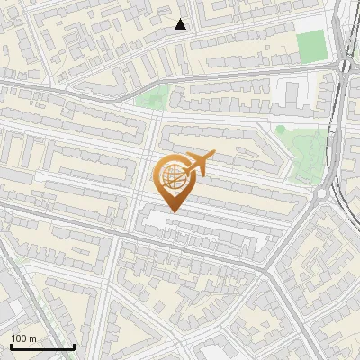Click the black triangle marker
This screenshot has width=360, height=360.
[x=181, y=24]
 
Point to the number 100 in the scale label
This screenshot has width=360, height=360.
[x=20, y=338]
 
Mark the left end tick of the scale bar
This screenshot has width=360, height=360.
[x=11, y=346]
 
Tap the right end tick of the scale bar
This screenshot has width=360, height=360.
[x=74, y=346]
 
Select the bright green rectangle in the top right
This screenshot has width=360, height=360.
[x=310, y=44]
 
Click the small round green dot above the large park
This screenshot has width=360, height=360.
[x=280, y=130]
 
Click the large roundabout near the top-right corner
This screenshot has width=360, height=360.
[x=345, y=66]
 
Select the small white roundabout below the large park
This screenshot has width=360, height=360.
[x=321, y=193]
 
